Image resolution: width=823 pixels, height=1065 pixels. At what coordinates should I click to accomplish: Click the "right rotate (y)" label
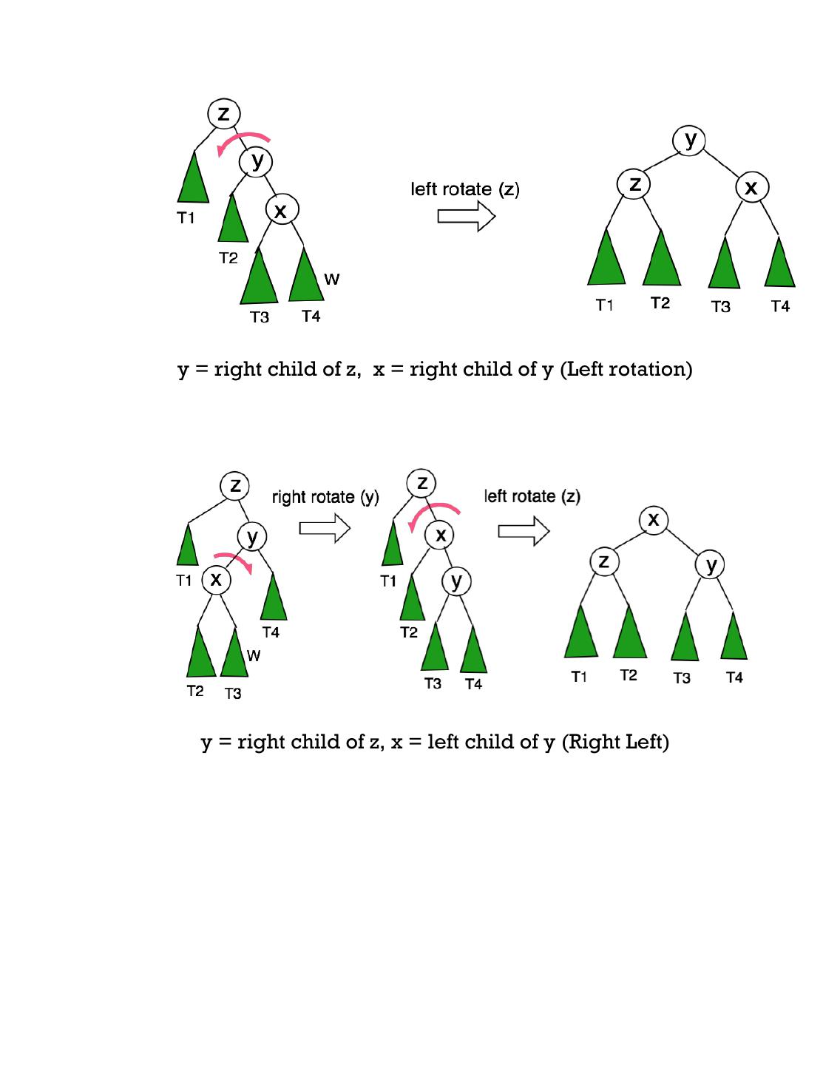pyautogui.click(x=325, y=497)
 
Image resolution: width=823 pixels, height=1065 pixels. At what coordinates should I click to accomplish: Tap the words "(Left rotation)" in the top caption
pyautogui.click(x=626, y=369)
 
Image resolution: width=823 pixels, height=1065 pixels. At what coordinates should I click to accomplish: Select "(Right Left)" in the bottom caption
pyautogui.click(x=615, y=742)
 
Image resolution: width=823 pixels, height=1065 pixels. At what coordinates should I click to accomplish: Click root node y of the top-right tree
pyautogui.click(x=690, y=140)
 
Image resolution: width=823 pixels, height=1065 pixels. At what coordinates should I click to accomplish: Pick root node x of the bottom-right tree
pyautogui.click(x=653, y=520)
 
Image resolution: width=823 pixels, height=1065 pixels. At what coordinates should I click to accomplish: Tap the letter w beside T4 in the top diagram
pyautogui.click(x=332, y=280)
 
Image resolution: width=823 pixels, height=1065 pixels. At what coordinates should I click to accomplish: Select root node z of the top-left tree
pyautogui.click(x=223, y=114)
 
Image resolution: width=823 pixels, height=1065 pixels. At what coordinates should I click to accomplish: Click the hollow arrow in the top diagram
pyautogui.click(x=466, y=217)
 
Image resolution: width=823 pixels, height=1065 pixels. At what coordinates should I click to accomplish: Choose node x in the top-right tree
pyautogui.click(x=751, y=188)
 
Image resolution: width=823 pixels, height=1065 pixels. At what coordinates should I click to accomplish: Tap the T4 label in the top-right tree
pyautogui.click(x=780, y=306)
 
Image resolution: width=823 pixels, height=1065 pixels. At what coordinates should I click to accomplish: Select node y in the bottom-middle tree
pyautogui.click(x=456, y=581)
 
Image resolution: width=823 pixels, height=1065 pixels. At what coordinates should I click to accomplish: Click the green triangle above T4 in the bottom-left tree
pyautogui.click(x=274, y=600)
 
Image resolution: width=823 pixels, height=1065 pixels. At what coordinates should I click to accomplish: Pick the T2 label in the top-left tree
pyautogui.click(x=228, y=258)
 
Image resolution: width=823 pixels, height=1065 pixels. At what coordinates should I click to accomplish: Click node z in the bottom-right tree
pyautogui.click(x=604, y=561)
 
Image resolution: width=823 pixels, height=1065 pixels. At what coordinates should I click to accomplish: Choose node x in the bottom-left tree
pyautogui.click(x=216, y=579)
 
